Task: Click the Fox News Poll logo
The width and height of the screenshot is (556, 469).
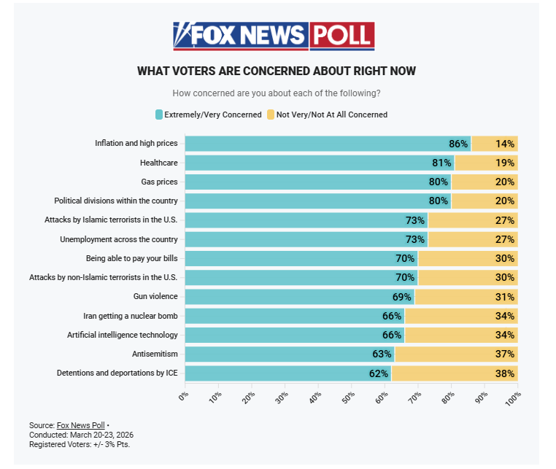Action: tap(274, 35)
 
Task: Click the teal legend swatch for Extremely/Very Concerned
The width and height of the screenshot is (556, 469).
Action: tap(158, 115)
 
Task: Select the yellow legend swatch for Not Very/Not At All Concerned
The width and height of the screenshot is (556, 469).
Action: tap(270, 115)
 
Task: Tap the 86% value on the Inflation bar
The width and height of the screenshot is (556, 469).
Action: tap(458, 144)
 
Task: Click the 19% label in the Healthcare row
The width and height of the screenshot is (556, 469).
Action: tap(505, 163)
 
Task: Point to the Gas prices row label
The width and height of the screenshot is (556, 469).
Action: tap(159, 182)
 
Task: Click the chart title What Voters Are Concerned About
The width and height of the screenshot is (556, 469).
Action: tap(277, 71)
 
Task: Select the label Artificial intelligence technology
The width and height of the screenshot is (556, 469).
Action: tap(122, 335)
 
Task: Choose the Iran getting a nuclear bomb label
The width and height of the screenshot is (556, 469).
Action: tap(131, 316)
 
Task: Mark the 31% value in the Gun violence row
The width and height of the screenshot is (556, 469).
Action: tap(505, 297)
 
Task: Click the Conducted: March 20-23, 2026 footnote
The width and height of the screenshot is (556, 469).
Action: tap(82, 435)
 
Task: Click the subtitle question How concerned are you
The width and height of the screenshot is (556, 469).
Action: tap(277, 93)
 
